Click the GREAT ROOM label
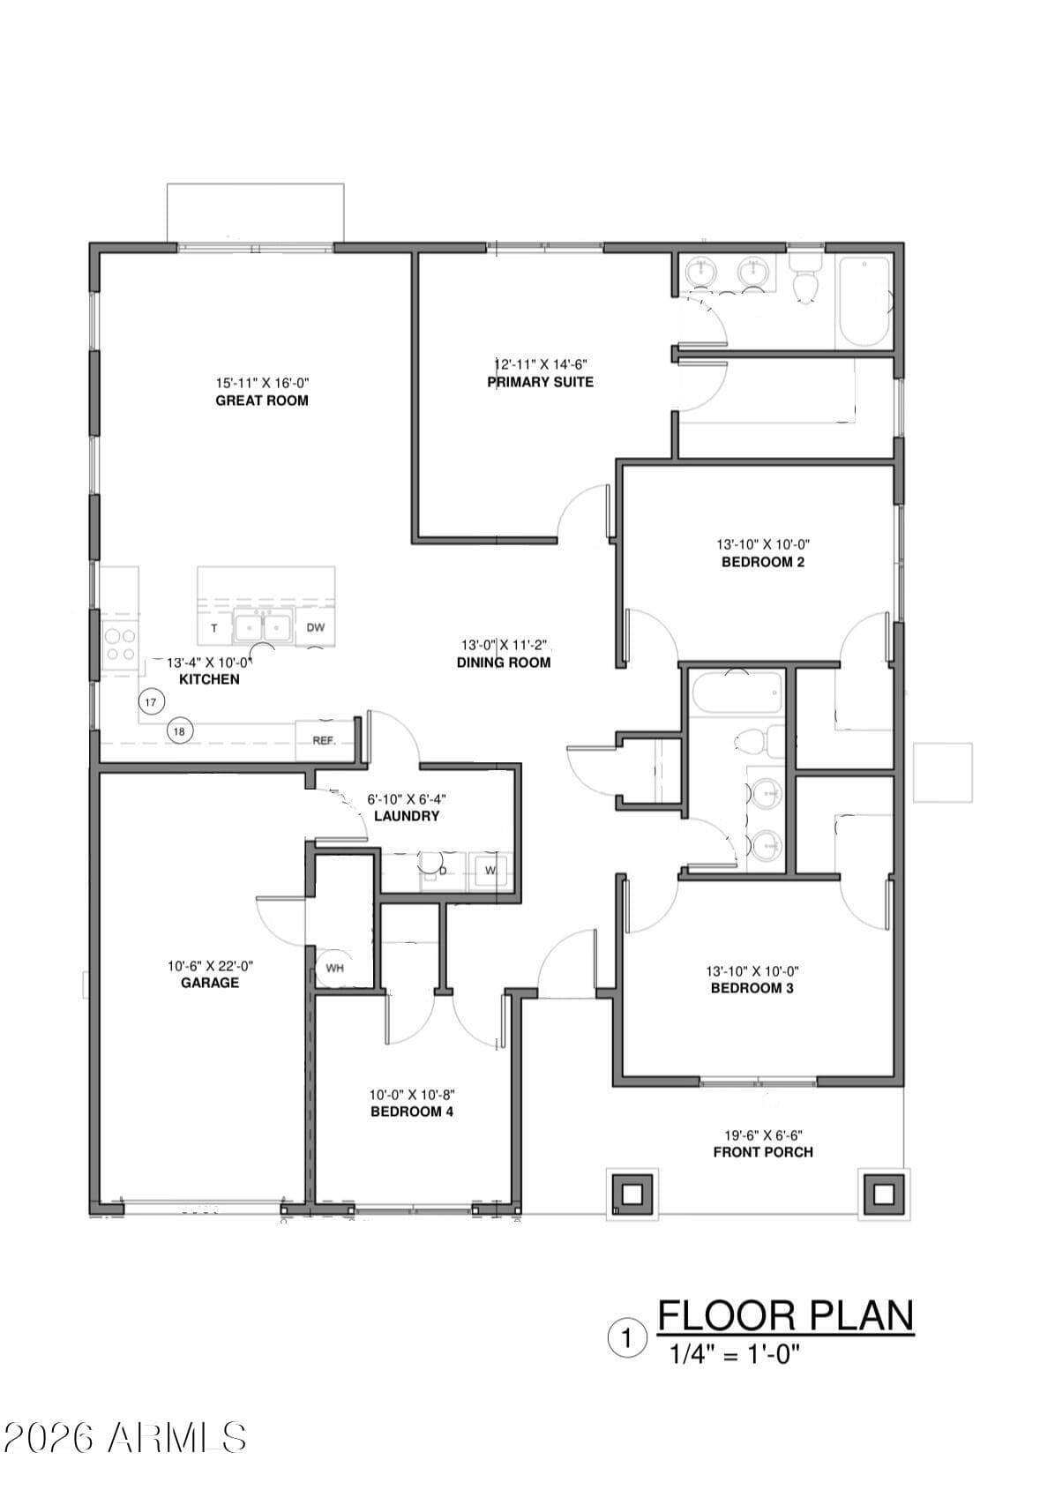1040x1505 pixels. pos(262,401)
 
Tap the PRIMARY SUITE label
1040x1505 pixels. pos(540,382)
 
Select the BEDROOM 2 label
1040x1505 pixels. pos(762,562)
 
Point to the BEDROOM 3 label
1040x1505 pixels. pos(752,988)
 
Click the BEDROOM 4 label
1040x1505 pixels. pos(412,1112)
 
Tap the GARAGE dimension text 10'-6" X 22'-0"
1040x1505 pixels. pos(210,966)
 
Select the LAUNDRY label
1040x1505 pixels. pos(407,816)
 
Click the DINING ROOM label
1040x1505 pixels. pos(504,663)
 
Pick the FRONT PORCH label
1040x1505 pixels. pos(763,1152)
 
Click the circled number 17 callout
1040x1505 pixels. pos(151,703)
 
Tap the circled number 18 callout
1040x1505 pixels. pos(179,731)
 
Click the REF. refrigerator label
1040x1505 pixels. pos(324,741)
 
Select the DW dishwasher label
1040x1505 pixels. pos(316,627)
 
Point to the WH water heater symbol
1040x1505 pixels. pos(334,968)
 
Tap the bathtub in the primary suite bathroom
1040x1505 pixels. pos(864,300)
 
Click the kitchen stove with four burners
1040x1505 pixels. pos(120,644)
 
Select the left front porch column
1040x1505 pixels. pos(632,1194)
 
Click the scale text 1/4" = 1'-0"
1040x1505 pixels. pos(735,1355)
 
